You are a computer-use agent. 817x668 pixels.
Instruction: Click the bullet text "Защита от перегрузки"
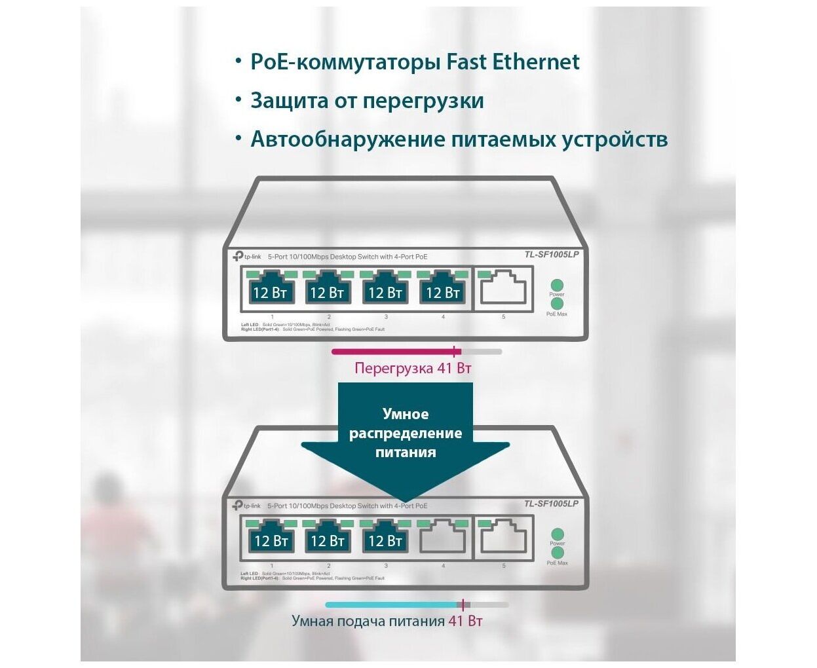point(367,101)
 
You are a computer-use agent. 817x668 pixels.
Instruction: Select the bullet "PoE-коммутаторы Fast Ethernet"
point(415,62)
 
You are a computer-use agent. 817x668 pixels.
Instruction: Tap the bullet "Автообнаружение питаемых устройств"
point(459,139)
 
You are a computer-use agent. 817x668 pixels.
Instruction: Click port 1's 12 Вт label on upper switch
point(270,292)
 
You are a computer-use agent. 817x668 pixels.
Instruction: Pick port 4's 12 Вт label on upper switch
point(443,292)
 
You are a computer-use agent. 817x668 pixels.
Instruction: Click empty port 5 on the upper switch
point(503,289)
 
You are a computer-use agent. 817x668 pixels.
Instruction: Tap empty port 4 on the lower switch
point(442,540)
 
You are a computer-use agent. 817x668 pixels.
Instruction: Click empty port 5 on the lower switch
point(503,539)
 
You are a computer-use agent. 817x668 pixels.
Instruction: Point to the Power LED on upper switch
point(557,285)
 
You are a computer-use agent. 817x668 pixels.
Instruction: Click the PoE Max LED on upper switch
point(557,305)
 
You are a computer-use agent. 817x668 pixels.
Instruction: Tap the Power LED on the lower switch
point(558,534)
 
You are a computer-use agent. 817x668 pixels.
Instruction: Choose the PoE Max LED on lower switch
point(558,553)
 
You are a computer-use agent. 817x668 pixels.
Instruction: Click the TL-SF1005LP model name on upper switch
point(551,255)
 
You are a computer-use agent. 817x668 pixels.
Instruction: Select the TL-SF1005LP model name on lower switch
point(551,504)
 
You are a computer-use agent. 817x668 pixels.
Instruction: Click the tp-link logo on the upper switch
point(246,256)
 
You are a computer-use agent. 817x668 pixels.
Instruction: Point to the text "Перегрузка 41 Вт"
point(413,368)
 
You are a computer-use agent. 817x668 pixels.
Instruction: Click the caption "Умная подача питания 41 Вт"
point(387,621)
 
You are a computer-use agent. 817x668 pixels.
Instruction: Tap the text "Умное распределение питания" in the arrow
point(406,433)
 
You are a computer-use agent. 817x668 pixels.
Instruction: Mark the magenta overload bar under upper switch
point(393,352)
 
